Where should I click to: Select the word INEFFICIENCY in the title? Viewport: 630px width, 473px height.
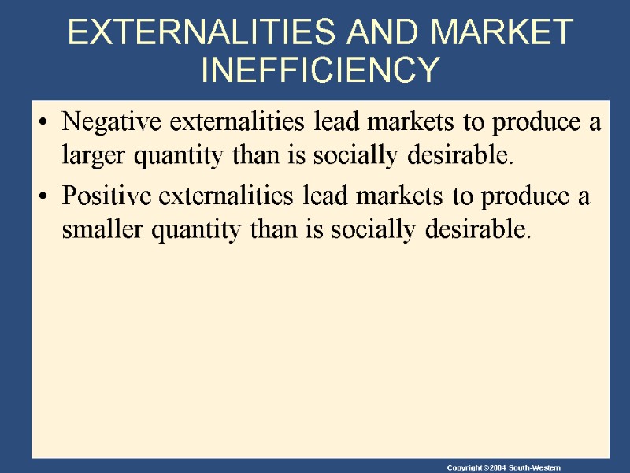[319, 69]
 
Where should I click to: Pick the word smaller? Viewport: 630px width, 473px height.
[95, 229]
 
